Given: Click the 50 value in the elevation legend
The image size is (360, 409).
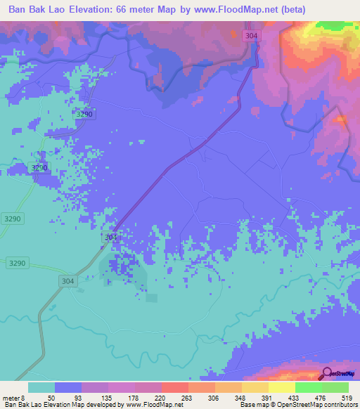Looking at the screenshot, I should point(51,397).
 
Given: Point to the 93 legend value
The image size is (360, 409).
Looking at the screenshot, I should point(77,397).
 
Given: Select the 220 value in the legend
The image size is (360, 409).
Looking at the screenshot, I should point(160,397).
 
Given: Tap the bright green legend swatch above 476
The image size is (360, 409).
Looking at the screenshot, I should point(308,387).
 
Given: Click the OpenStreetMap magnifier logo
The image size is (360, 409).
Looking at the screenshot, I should point(328,374).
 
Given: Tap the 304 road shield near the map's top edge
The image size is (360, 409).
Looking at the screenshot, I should point(251,35).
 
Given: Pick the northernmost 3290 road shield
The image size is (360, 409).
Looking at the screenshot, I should point(85,114).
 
